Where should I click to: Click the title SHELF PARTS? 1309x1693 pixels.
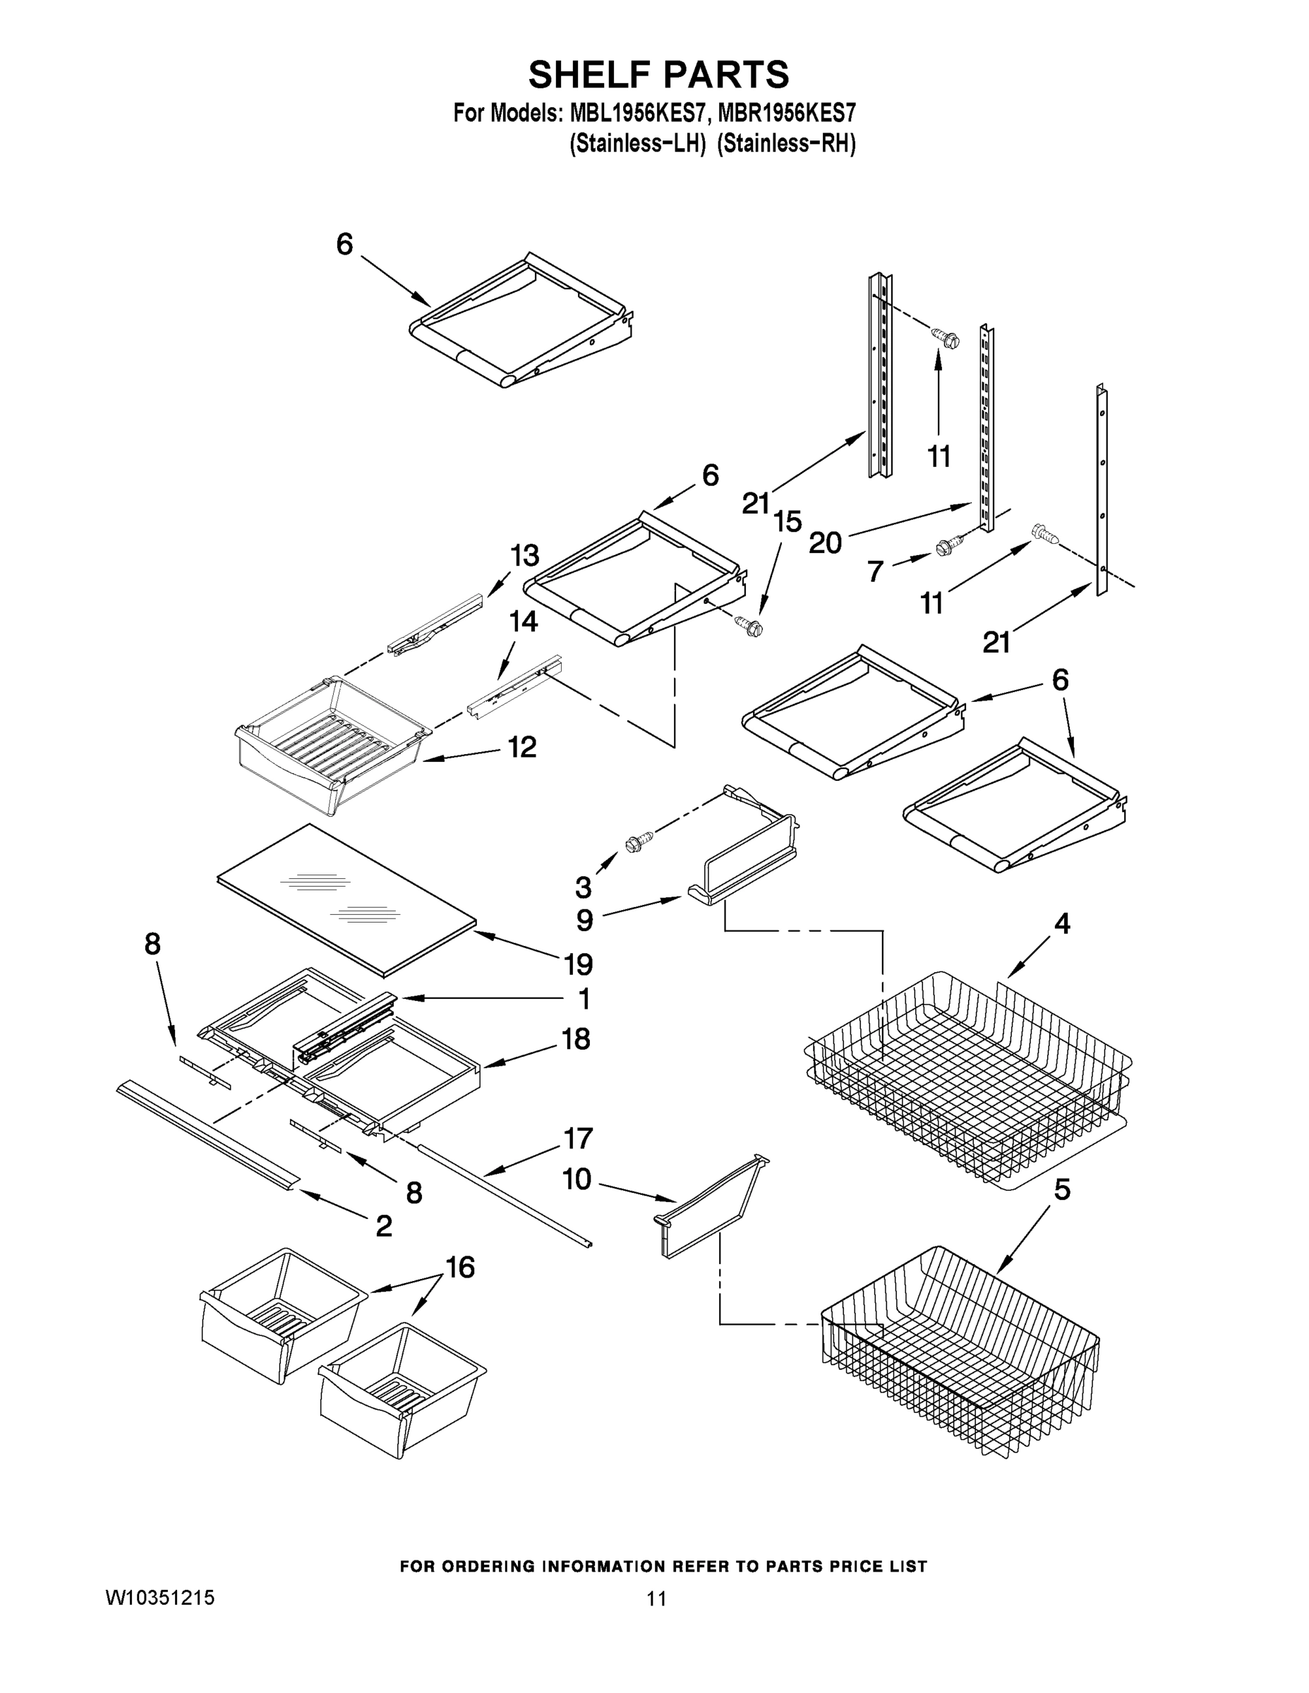click(x=658, y=75)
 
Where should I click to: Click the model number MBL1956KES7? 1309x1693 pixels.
click(x=637, y=114)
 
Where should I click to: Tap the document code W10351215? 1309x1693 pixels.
click(x=159, y=1597)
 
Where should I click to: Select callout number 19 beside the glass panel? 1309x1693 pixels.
click(x=579, y=964)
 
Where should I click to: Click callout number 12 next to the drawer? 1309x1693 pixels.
click(x=522, y=747)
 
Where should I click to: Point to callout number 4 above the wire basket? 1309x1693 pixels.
click(x=1061, y=923)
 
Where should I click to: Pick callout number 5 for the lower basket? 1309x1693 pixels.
click(x=1061, y=1189)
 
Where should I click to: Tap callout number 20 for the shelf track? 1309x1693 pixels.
click(x=825, y=542)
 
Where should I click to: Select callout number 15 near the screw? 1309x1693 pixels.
click(x=787, y=522)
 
